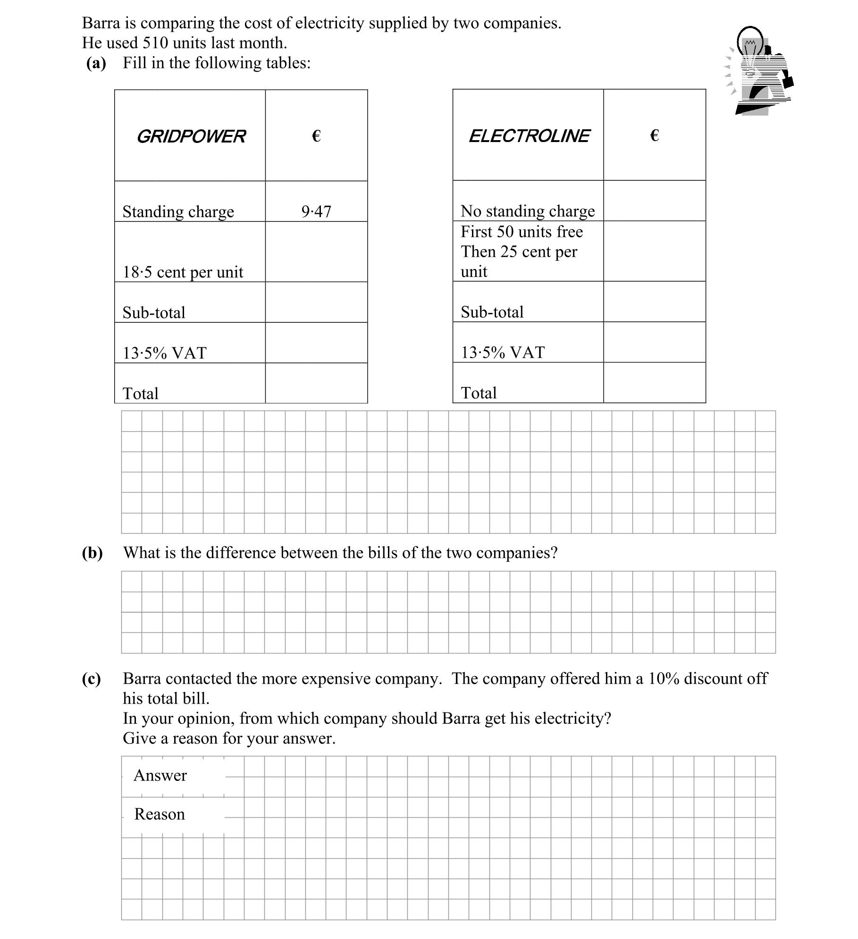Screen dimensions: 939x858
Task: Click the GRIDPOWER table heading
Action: tap(191, 136)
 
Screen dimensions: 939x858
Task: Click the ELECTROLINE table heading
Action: tap(529, 136)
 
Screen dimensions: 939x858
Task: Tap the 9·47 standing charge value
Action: tap(316, 211)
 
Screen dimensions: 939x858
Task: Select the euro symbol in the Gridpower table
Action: tap(316, 136)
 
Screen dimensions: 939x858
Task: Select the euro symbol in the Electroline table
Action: tap(654, 136)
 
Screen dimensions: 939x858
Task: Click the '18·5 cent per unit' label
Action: tap(183, 272)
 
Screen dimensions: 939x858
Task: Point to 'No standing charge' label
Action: tap(528, 211)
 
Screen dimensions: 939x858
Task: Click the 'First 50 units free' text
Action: tap(522, 232)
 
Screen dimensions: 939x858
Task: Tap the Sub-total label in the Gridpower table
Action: tap(154, 312)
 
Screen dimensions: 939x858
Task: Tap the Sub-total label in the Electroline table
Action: tap(492, 312)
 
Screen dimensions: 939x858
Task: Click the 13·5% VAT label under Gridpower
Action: tap(164, 353)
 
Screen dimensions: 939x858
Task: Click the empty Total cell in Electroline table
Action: tap(654, 383)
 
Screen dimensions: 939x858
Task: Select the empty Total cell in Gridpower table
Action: tap(316, 383)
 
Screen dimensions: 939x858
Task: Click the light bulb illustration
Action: tap(758, 71)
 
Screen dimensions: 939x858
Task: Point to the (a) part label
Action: tap(96, 63)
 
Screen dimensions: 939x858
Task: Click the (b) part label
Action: tap(92, 553)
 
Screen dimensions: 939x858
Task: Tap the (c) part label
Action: tap(91, 679)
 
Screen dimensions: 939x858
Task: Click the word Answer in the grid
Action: tap(160, 775)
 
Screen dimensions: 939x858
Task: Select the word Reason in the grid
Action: tap(159, 814)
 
